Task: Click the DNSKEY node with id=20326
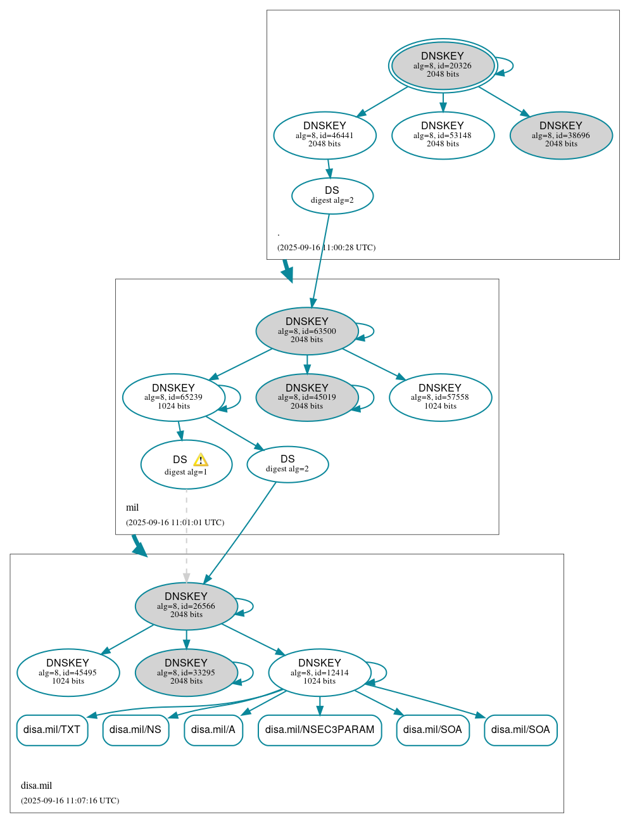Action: (x=443, y=66)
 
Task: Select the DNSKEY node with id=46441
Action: (x=325, y=136)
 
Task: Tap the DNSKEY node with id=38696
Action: (x=561, y=136)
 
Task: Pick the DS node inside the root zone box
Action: (x=332, y=196)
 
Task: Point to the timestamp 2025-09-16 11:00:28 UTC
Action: (x=326, y=248)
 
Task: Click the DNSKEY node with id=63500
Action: (x=306, y=331)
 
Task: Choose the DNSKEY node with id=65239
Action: (x=173, y=398)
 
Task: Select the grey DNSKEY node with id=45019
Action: (x=306, y=398)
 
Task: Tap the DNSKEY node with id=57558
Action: (x=440, y=398)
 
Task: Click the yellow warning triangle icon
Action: (x=201, y=460)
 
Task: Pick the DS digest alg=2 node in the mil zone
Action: (x=287, y=464)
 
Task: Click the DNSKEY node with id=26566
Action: (x=186, y=606)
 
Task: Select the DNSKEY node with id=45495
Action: (x=68, y=673)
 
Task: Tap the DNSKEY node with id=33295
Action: (x=186, y=673)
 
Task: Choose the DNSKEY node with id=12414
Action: (x=319, y=673)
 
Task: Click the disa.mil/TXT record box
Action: (x=52, y=730)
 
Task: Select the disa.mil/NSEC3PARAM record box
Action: (x=319, y=730)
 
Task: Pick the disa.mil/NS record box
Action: (x=135, y=730)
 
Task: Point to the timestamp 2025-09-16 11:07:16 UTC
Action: (x=70, y=801)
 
